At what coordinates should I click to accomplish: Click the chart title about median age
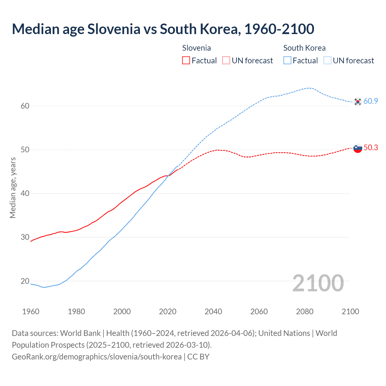(x=163, y=29)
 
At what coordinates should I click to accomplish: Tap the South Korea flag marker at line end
(x=358, y=102)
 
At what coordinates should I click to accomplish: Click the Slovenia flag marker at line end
(x=358, y=148)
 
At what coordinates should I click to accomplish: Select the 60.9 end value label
(x=371, y=101)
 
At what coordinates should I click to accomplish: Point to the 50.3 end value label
(x=371, y=147)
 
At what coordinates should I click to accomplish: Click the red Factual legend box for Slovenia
(x=186, y=61)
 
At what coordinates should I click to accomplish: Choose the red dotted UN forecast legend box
(x=226, y=61)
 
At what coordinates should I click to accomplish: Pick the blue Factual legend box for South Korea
(x=287, y=61)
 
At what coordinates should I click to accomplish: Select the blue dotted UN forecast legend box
(x=327, y=61)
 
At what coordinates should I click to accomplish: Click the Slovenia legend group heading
(x=196, y=48)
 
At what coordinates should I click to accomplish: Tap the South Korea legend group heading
(x=304, y=48)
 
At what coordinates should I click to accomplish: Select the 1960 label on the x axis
(x=31, y=312)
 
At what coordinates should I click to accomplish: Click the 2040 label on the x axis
(x=213, y=312)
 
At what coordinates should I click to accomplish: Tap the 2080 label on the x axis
(x=305, y=312)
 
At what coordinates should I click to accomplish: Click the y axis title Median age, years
(x=13, y=188)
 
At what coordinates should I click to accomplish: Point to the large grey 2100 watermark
(x=318, y=283)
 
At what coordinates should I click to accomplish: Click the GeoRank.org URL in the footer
(x=96, y=357)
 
